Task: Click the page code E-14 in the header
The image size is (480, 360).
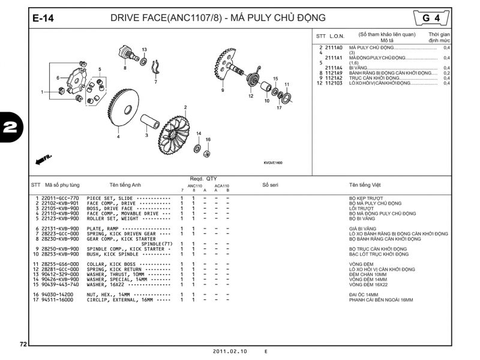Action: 43,19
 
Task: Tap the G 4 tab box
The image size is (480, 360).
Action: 431,18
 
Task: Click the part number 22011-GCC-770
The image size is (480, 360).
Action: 60,198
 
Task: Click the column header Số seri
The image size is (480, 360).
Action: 271,185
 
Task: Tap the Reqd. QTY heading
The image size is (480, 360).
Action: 203,179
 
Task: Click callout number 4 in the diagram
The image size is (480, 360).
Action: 118,137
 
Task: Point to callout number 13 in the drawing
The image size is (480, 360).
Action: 145,49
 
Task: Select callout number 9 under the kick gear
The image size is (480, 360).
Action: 222,90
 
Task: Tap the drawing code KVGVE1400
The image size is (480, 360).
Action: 273,163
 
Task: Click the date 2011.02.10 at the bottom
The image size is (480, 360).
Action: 229,351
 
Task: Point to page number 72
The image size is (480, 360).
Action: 23,344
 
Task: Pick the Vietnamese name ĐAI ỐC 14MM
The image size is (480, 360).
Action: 364,295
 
